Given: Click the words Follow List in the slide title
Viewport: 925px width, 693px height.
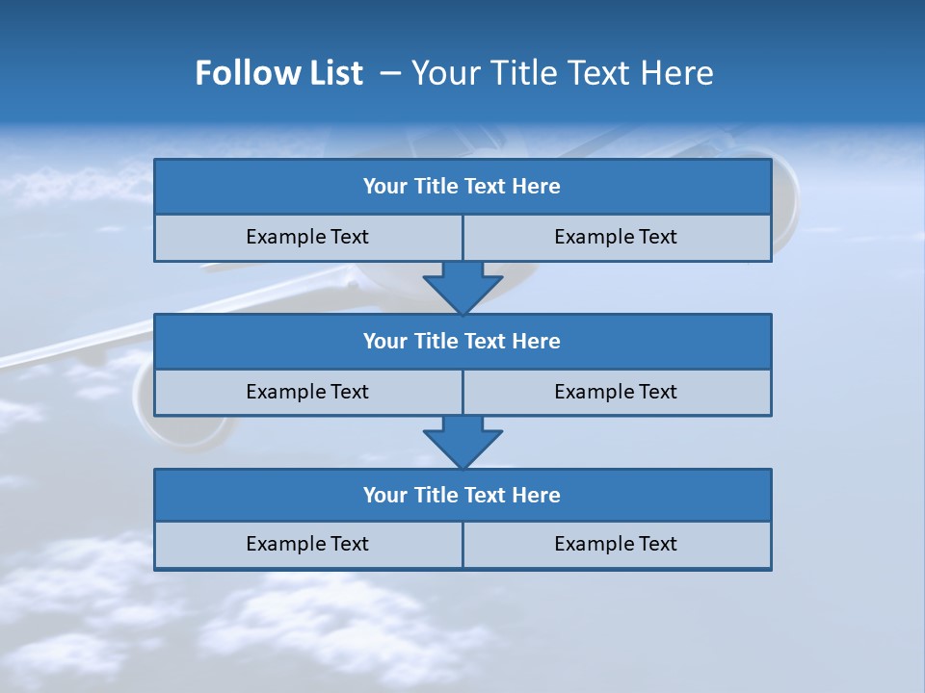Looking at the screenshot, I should click(278, 73).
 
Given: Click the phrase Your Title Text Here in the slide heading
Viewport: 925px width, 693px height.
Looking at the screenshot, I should click(562, 73).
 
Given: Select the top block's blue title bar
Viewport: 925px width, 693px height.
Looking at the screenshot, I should click(462, 187).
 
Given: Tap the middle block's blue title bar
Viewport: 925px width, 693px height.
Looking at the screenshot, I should click(462, 341).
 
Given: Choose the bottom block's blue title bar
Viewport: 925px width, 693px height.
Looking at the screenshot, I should click(462, 495).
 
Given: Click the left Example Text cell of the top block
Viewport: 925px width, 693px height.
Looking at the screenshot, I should click(307, 237).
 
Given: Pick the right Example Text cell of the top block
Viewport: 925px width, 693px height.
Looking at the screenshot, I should click(616, 237).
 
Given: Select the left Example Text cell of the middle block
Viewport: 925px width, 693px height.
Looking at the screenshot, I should click(307, 392).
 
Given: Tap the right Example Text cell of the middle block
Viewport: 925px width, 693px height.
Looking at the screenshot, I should click(616, 392).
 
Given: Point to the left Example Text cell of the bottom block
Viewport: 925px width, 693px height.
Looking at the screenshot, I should click(307, 544).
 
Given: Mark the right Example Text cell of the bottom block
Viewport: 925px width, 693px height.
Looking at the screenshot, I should click(616, 544).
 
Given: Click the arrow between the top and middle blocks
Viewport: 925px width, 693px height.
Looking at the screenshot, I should click(462, 287).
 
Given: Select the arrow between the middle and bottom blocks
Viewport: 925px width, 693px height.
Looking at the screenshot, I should click(462, 442).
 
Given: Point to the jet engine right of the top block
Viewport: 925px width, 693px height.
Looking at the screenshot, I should click(785, 192).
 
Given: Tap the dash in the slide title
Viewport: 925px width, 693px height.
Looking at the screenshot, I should click(390, 73).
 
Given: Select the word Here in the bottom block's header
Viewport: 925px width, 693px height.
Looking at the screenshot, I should click(536, 495).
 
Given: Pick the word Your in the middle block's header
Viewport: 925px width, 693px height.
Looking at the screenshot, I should click(383, 341).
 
